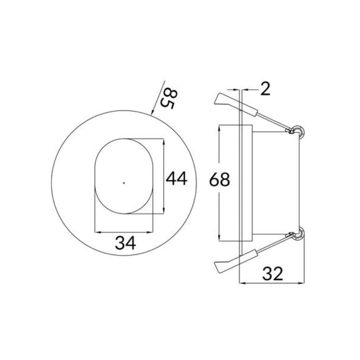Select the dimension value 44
point(177,178)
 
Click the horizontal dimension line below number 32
point(272,283)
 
